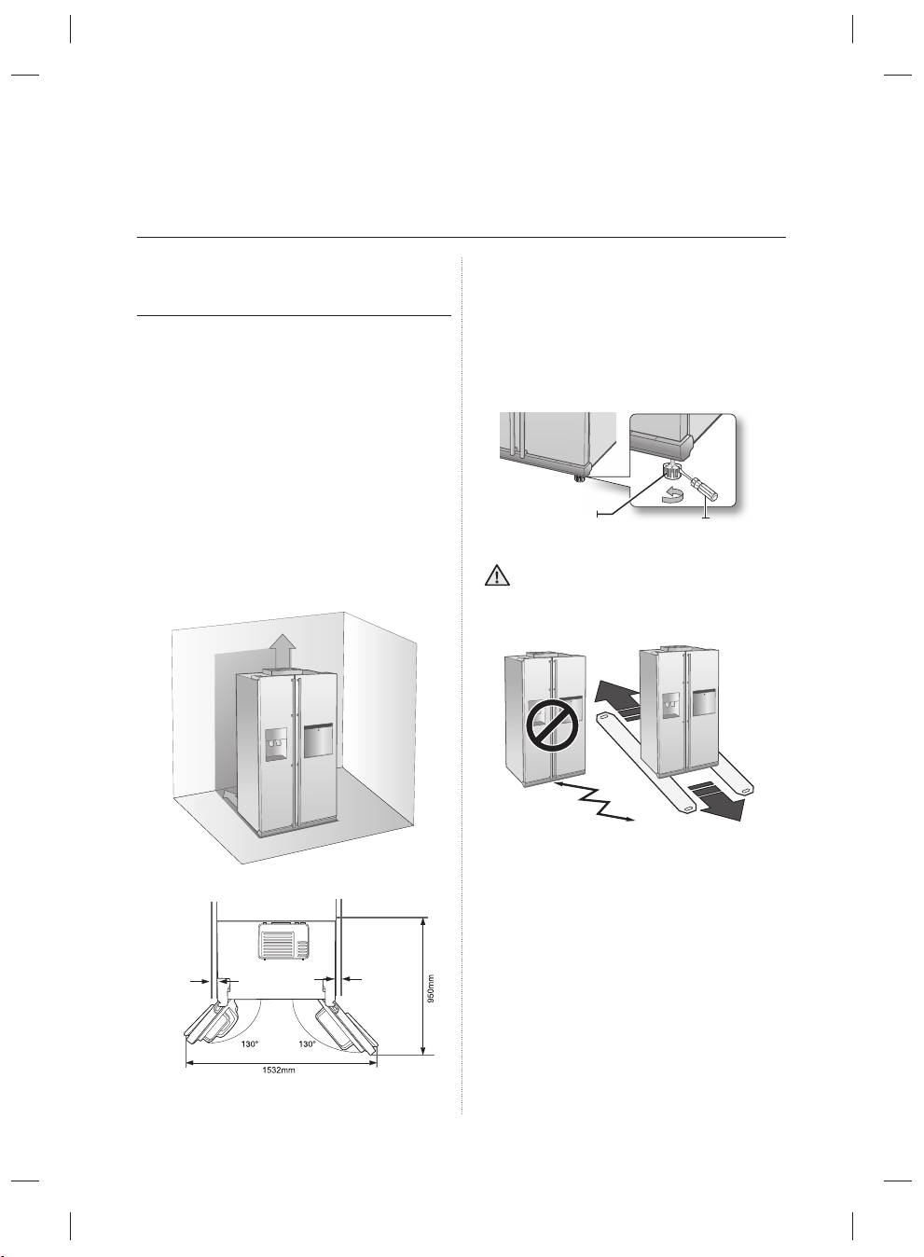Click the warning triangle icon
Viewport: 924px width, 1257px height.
coord(497,577)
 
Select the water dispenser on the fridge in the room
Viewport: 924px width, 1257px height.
coord(275,745)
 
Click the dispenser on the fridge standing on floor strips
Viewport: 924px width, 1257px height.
coord(670,705)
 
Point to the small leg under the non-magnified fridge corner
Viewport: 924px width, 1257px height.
coord(578,477)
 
